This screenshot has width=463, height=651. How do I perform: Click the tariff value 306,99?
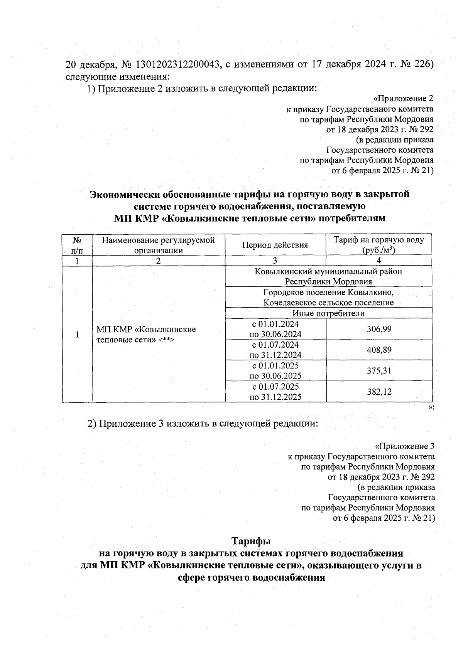pos(379,329)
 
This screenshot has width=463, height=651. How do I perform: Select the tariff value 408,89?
pos(379,350)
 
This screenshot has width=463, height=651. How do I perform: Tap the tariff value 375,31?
pos(379,370)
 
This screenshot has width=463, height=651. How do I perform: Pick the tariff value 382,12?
pos(379,392)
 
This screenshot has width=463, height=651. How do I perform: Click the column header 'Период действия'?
pos(275,245)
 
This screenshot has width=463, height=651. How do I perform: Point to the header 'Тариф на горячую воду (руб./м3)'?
pos(379,245)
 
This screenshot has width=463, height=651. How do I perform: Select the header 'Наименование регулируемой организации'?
pos(158,245)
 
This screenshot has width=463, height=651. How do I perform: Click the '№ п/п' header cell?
pos(77,245)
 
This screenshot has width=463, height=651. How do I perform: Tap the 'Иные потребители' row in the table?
pos(328,313)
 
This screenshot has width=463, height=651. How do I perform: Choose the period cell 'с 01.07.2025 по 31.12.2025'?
pos(275,392)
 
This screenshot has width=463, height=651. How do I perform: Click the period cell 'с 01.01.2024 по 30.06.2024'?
pos(275,329)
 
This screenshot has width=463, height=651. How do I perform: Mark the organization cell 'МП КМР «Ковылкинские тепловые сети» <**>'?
pos(147,335)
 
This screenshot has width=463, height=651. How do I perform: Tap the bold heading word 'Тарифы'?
pos(251,541)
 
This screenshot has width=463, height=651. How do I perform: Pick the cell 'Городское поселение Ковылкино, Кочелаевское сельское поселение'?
pos(328,297)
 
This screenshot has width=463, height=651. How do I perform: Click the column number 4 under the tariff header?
pos(379,261)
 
